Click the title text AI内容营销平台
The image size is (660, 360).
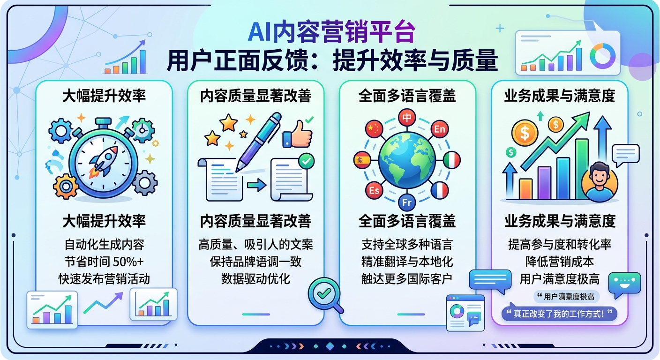click(331, 33)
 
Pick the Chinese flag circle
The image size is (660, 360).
click(374, 129)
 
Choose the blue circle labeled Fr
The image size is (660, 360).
click(406, 203)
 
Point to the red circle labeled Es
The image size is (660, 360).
click(374, 190)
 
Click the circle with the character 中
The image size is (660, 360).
click(406, 117)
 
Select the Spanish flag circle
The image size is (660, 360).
click(362, 160)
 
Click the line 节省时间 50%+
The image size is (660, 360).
click(104, 262)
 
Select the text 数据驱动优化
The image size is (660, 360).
click(256, 279)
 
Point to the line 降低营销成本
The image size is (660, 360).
click(560, 262)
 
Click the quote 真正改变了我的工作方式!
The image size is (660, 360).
click(559, 314)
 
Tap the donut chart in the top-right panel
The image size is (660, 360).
click(603, 56)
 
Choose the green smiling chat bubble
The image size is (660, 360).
click(624, 285)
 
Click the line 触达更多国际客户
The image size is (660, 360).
click(407, 279)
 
